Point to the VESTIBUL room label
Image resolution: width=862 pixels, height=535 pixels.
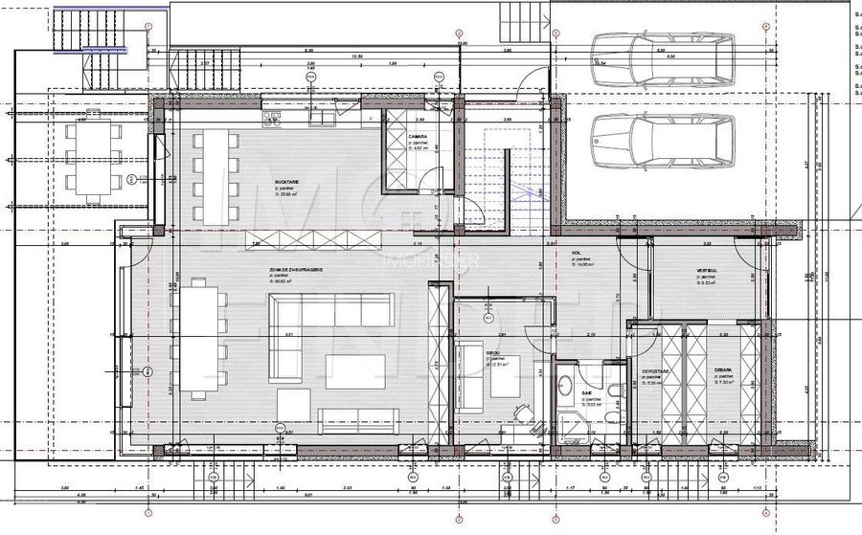708,272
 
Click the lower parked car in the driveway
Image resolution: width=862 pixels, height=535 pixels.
662,141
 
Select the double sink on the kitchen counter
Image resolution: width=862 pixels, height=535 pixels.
270,119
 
